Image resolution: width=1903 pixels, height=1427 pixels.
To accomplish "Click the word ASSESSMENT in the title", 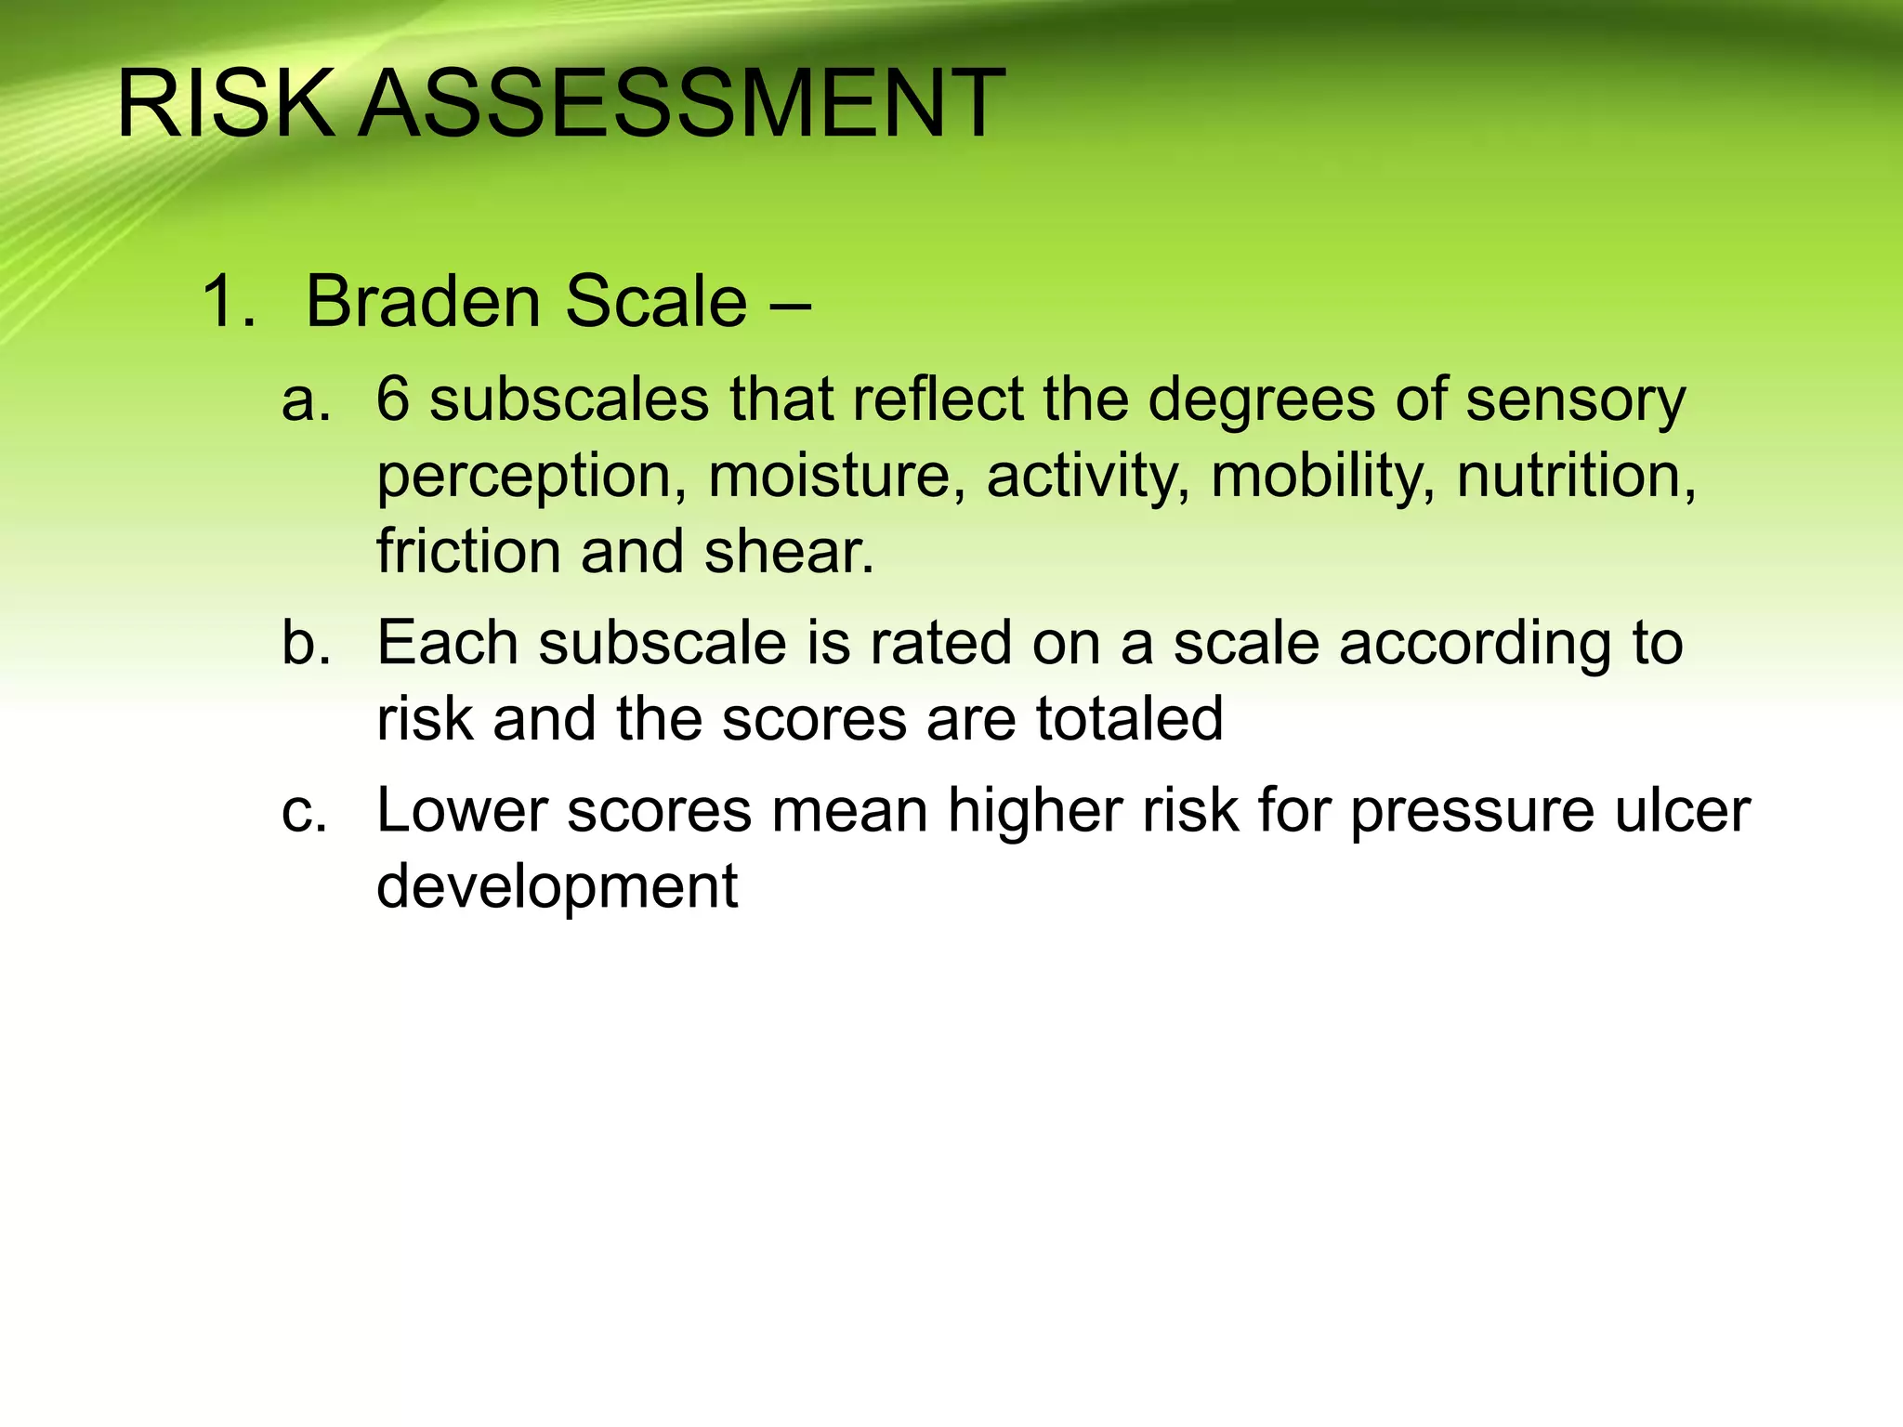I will click(x=681, y=104).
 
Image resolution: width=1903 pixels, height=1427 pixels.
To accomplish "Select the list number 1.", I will click(x=226, y=302).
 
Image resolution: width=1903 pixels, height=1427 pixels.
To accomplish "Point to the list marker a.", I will click(x=306, y=401).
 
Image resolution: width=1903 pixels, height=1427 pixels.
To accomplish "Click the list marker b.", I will click(x=306, y=643).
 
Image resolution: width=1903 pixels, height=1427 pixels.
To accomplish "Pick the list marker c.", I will click(x=304, y=810).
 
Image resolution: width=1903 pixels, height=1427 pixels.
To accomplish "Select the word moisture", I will click(x=830, y=476).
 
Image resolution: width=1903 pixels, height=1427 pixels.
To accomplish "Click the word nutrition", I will click(x=1576, y=476).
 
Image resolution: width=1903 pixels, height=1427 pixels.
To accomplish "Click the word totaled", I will click(x=1129, y=718).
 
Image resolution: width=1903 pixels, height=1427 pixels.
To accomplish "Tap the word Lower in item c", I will click(x=461, y=810).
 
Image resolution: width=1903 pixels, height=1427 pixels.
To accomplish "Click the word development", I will click(x=557, y=887).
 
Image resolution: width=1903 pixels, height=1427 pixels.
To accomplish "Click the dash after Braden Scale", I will click(x=790, y=304).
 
